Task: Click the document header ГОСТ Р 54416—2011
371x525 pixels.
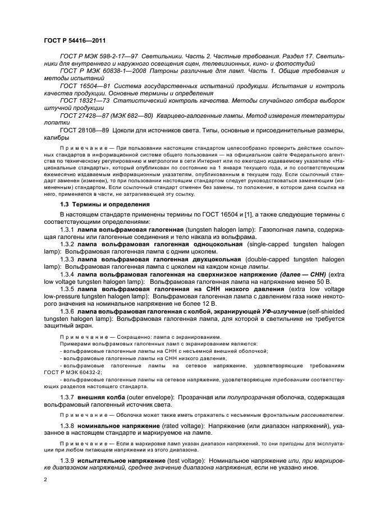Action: (x=76, y=41)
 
